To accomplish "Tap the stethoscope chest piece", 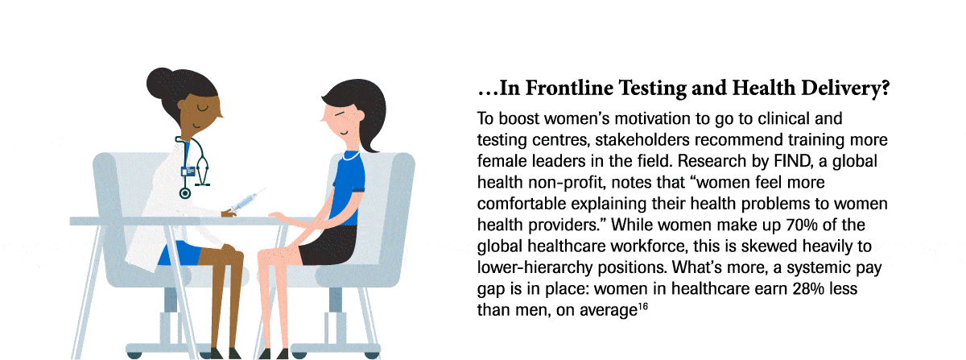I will point(185,192).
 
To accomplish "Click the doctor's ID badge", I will point(190,170).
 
